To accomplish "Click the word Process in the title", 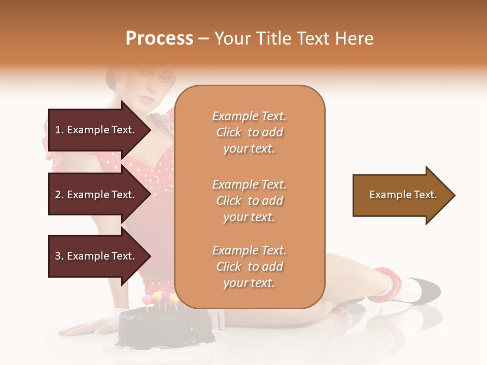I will point(159,39).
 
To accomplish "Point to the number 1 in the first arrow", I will point(57,130).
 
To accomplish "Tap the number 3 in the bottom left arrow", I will point(58,256).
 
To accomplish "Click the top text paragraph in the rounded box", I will point(249,132).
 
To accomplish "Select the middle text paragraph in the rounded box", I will point(249,201).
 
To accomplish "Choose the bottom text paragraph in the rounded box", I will point(249,267).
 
